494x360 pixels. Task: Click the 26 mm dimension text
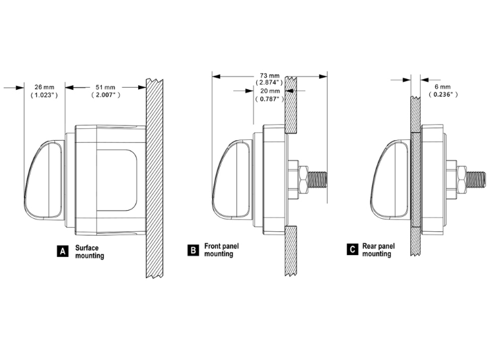[44, 87]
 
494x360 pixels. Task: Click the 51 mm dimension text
[105, 87]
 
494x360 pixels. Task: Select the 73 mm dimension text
[269, 76]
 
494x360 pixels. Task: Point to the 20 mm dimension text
[270, 90]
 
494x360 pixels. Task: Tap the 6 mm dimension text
[442, 87]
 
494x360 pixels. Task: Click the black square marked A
[63, 251]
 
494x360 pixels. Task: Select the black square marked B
[193, 250]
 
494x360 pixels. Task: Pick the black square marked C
[352, 249]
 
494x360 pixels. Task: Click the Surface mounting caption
[89, 252]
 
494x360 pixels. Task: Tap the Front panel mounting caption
[221, 250]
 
